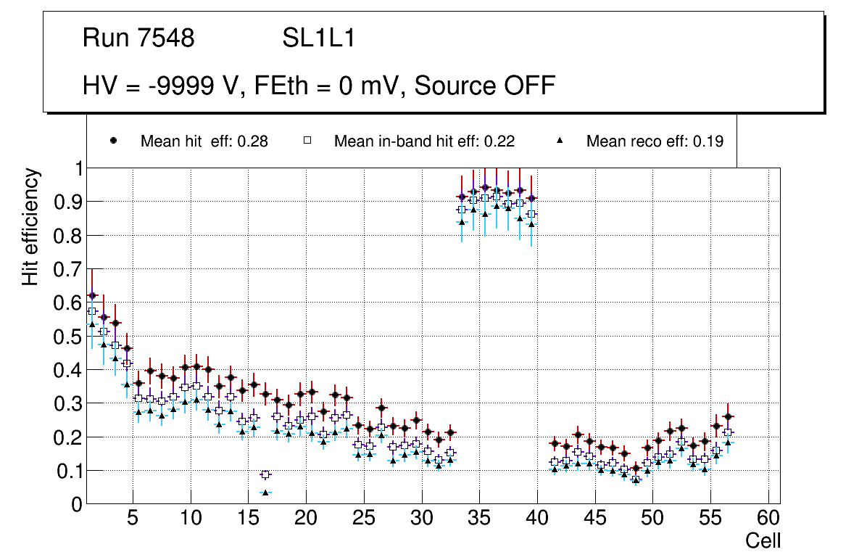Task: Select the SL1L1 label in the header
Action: coord(319,38)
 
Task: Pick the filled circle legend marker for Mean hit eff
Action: coord(113,141)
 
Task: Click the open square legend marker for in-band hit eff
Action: coord(307,141)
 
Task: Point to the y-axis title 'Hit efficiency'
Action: coord(30,226)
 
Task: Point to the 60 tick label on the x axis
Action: coord(768,519)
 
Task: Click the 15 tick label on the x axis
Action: coord(248,519)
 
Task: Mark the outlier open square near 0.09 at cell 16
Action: coord(265,474)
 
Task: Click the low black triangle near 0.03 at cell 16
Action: coord(265,493)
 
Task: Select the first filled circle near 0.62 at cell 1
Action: coord(92,295)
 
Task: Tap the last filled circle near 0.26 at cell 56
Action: coord(728,416)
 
